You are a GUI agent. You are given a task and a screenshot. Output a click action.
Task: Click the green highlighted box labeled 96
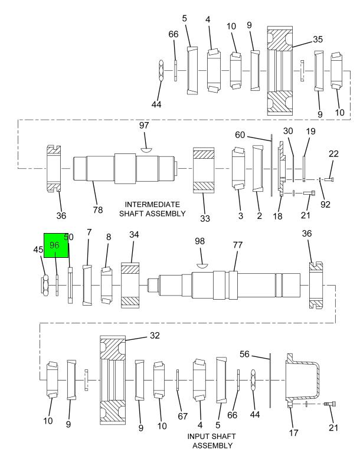pos(56,245)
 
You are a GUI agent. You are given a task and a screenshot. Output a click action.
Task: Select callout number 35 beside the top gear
pos(318,39)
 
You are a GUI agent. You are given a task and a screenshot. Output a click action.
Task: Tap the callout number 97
pos(144,125)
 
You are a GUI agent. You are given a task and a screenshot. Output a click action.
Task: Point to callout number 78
pos(97,210)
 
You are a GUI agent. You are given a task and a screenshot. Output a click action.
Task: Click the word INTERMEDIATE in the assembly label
pos(152,205)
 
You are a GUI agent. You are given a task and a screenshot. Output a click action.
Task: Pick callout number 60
pos(240,135)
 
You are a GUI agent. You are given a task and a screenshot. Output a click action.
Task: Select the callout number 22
pos(333,154)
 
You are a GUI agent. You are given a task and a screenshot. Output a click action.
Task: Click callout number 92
pos(325,205)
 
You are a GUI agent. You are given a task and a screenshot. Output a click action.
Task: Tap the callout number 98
pos(199,241)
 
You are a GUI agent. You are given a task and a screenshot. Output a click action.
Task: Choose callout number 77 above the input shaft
pos(238,245)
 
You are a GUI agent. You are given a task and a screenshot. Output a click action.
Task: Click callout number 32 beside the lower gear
pos(155,335)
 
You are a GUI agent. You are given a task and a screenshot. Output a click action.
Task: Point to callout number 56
pos(244,354)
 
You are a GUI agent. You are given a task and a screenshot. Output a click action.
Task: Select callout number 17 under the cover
pos(293,432)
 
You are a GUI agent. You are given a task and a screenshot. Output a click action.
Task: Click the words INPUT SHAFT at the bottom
pos(211,437)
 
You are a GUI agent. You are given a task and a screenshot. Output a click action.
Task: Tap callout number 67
pos(183,416)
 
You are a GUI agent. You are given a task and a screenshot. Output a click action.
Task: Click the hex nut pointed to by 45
pos(45,285)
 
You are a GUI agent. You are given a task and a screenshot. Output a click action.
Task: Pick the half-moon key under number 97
pos(146,149)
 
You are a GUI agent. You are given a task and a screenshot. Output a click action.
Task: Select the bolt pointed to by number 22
pos(329,179)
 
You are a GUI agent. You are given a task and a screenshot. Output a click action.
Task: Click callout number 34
pos(134,234)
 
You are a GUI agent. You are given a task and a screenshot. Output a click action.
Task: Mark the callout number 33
pos(205,218)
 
